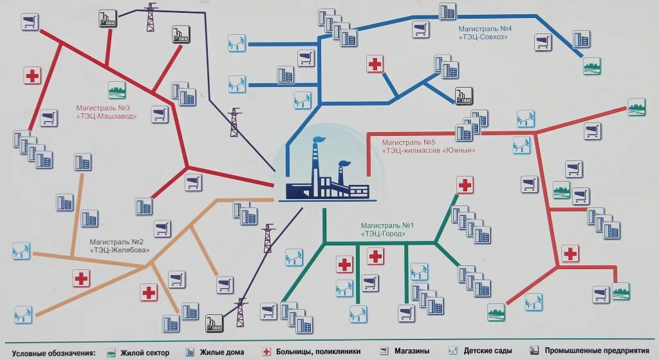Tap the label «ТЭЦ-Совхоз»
[x=483, y=37]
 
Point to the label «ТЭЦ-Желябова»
[x=120, y=250]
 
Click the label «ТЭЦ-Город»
[x=384, y=234]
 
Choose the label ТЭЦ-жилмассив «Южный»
[x=429, y=151]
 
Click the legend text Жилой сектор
[x=144, y=352]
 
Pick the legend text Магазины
[x=412, y=352]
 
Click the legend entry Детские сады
[x=488, y=352]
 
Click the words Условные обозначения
[x=53, y=352]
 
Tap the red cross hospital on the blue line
[x=375, y=64]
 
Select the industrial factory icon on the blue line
[x=463, y=96]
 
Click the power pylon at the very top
[x=151, y=17]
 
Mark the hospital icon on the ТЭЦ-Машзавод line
[x=32, y=75]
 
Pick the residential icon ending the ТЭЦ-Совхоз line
[x=591, y=66]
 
